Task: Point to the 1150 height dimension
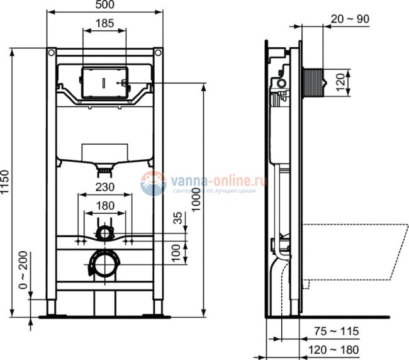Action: (x=7, y=182)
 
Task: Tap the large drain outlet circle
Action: (x=104, y=264)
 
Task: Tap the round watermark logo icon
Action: (x=153, y=184)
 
